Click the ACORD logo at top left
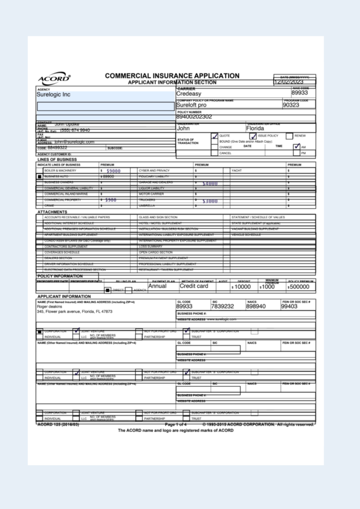coord(54,80)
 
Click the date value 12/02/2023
coord(295,82)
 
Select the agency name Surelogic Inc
coord(54,94)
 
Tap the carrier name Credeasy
coord(188,93)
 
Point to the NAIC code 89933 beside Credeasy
coord(300,93)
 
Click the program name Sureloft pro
coord(191,105)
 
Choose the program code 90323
coord(291,105)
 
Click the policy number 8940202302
coord(194,117)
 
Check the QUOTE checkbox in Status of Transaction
coord(214,136)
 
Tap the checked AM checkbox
coord(297,147)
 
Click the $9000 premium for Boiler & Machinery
coord(113,171)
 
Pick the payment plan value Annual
coord(158,286)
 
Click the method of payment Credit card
coord(194,286)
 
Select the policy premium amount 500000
coord(300,287)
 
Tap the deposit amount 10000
coord(243,287)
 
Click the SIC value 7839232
coord(222,307)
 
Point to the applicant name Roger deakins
coord(50,307)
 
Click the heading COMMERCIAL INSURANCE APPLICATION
coord(172,76)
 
